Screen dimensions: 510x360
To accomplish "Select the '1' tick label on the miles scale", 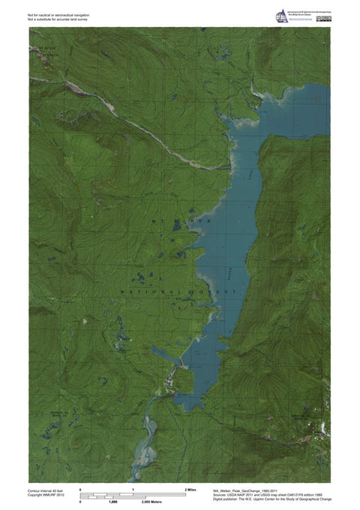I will (x=133, y=489).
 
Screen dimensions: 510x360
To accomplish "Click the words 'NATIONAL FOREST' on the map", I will (x=179, y=289).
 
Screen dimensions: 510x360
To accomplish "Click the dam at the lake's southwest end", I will (x=179, y=370).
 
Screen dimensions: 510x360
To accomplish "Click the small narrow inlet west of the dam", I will (x=163, y=352).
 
